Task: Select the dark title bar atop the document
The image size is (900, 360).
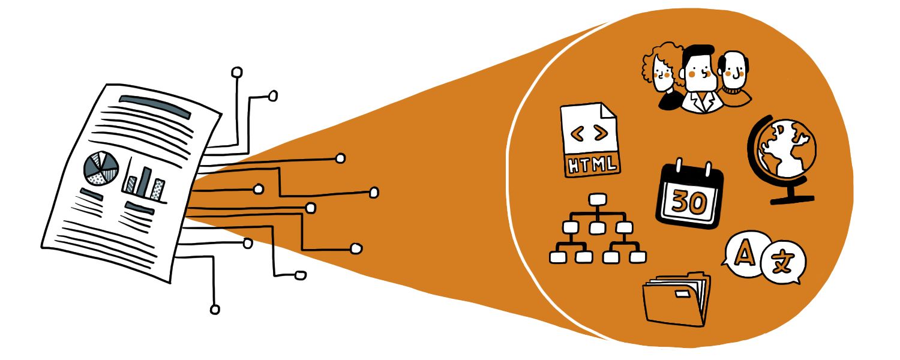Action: [155, 106]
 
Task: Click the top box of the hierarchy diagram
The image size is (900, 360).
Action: [596, 199]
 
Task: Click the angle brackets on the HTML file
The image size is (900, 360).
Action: [589, 135]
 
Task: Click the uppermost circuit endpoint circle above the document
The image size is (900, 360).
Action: [237, 73]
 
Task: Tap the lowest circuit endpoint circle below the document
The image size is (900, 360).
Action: [214, 310]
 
